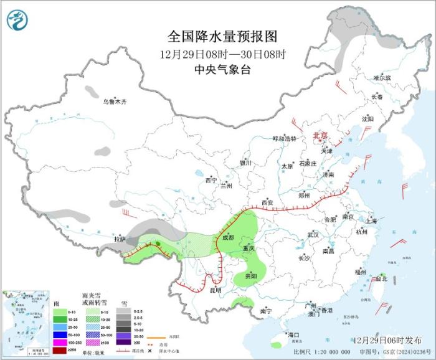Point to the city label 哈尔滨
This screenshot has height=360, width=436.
coord(382,78)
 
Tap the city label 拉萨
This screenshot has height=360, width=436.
coord(120,239)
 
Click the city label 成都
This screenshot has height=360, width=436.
coord(228,237)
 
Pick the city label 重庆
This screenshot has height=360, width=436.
coord(249,248)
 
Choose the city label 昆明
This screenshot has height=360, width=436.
coord(214,290)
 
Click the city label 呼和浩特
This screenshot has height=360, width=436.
coord(285,139)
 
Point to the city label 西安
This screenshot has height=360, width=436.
coord(267,202)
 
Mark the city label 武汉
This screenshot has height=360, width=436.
coord(313,235)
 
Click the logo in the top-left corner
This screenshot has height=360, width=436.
coord(18,21)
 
